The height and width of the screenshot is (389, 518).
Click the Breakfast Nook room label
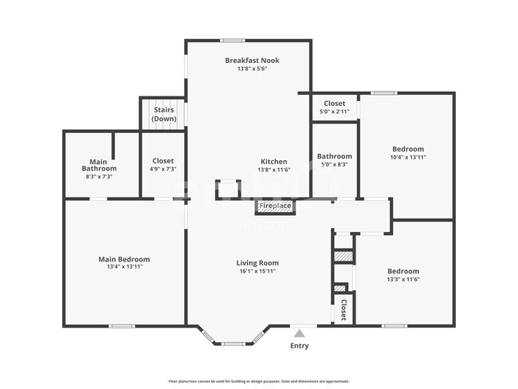[x=252, y=61]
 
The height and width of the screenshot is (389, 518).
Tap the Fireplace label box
[x=275, y=206]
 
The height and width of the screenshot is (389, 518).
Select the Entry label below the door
[x=299, y=346]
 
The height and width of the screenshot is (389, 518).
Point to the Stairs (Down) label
[x=163, y=114]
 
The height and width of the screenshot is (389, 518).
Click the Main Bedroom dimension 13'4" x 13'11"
[x=124, y=267]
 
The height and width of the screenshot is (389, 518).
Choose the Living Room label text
[x=257, y=262]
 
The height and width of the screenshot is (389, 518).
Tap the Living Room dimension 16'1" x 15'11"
[x=257, y=271]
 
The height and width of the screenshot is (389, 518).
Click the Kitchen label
[x=274, y=160]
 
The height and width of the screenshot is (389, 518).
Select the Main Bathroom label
[x=100, y=165]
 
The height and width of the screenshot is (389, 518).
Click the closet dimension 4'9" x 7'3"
[x=163, y=169]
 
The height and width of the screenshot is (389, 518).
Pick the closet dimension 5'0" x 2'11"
[x=334, y=112]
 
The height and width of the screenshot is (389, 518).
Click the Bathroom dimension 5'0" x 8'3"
[x=334, y=165]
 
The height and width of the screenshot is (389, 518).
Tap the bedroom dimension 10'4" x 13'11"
[x=408, y=158]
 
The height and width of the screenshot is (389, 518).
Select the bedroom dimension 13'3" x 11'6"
[x=403, y=280]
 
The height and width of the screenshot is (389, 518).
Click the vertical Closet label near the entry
[x=343, y=310]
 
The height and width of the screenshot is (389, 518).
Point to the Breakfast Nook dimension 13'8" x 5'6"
[x=252, y=69]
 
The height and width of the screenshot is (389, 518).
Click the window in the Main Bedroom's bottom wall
[x=121, y=325]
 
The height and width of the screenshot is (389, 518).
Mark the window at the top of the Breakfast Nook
[x=233, y=40]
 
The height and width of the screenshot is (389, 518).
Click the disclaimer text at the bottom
[x=258, y=381]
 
